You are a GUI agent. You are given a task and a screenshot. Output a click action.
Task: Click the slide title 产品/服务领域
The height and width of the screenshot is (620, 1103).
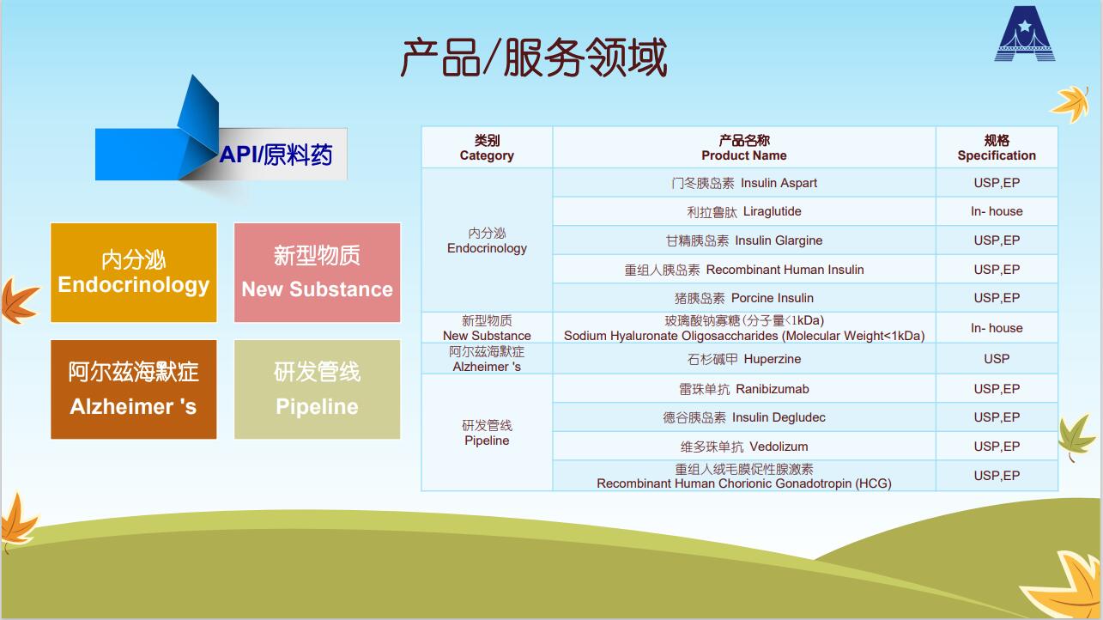[x=534, y=58]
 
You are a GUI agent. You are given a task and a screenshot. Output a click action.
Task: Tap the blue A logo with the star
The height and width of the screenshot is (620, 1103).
[x=1025, y=34]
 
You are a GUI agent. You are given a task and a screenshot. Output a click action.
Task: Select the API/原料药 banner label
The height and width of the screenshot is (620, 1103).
[x=276, y=155]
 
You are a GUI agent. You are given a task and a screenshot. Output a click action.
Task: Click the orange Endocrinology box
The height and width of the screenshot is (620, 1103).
[x=133, y=272]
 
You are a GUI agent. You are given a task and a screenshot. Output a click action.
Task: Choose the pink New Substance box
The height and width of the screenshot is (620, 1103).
[x=317, y=272]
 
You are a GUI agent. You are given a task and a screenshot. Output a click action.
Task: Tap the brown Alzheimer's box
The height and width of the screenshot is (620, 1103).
[x=133, y=389]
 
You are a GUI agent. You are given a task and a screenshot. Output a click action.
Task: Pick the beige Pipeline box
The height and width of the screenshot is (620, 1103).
[x=317, y=389]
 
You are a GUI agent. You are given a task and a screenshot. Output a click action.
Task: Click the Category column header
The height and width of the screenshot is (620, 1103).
[x=487, y=148]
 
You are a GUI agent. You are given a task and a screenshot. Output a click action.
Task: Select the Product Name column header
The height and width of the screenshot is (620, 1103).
[x=744, y=148]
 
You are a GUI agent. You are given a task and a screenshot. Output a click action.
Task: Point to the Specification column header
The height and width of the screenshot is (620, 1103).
[x=997, y=148]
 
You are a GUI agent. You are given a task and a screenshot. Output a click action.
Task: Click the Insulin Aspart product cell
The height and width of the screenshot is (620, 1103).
[x=744, y=183]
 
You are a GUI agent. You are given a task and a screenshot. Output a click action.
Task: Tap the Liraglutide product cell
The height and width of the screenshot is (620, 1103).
[x=744, y=211]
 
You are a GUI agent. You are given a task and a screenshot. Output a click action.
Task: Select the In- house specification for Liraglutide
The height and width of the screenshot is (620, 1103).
[x=997, y=211]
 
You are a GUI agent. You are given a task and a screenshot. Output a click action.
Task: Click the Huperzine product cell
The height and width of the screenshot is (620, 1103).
[x=744, y=359]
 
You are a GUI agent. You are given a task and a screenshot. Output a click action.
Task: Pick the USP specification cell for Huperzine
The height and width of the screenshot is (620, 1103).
[x=997, y=359]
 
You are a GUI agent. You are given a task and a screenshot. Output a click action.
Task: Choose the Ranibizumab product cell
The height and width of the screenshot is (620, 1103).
[x=744, y=388]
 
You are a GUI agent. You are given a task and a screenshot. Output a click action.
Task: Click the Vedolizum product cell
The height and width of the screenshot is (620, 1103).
[x=744, y=447]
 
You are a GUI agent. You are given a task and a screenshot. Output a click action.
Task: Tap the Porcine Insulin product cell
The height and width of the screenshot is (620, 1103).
[x=744, y=298]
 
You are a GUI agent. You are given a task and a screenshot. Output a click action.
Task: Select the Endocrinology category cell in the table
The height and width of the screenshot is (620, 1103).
[x=487, y=240]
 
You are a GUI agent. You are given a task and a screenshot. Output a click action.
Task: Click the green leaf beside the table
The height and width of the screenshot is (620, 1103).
[x=1075, y=437]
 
